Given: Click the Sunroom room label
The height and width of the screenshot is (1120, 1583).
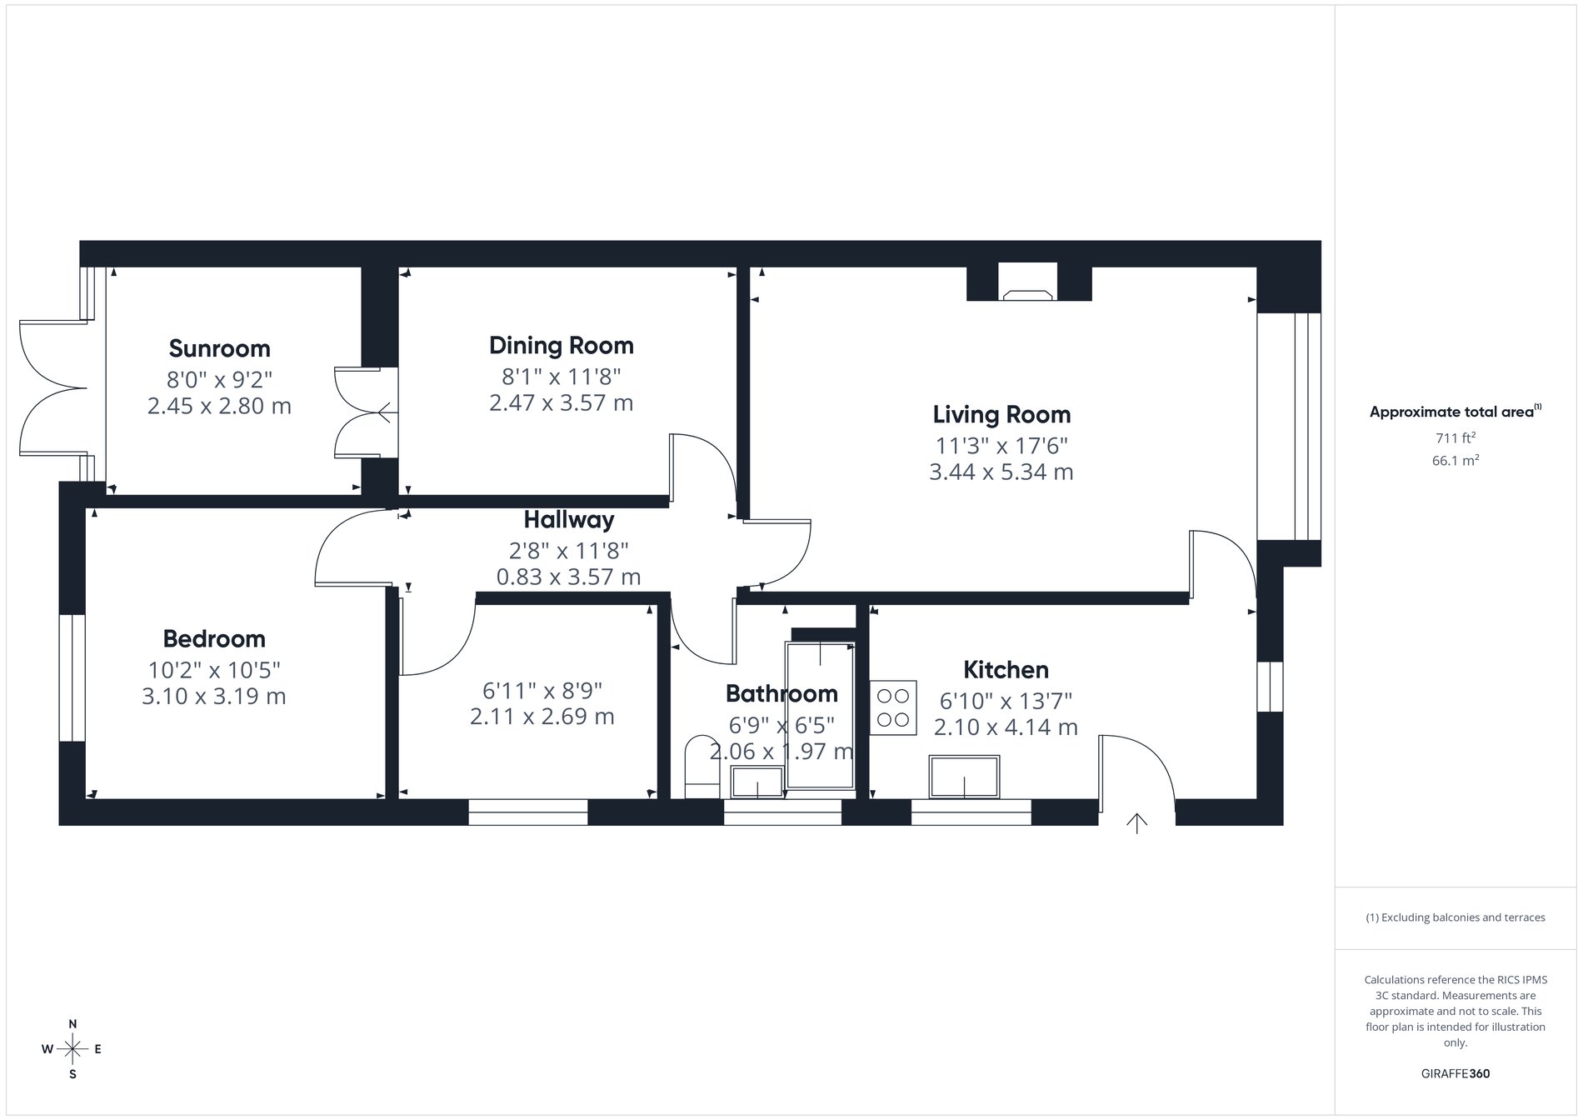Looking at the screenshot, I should [x=219, y=348].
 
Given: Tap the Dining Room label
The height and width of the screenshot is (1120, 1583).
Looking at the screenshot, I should [x=561, y=345].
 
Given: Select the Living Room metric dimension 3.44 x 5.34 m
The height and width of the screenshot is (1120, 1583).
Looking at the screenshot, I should [x=1001, y=472].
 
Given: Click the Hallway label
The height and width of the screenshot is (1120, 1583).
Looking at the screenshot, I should [x=568, y=520].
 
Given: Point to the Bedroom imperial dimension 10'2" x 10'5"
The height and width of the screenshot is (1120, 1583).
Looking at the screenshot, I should [x=214, y=669].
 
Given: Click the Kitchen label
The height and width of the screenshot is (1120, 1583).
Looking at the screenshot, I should [x=1006, y=669].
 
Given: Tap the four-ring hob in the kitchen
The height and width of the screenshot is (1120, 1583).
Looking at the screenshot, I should [x=893, y=707].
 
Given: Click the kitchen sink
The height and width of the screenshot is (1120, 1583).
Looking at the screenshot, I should [x=964, y=776].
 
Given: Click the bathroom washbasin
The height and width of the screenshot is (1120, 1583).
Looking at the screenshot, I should [x=757, y=782].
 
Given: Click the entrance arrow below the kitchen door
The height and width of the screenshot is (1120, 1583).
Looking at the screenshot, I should [x=1136, y=822].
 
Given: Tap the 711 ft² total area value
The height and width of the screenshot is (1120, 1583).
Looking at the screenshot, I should [x=1455, y=437].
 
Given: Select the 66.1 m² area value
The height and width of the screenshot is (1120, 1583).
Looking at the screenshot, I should [x=1455, y=460].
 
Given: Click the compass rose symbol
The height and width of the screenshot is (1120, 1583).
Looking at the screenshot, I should [x=72, y=1048].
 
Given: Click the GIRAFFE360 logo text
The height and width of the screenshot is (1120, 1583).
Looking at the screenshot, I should [x=1455, y=1073].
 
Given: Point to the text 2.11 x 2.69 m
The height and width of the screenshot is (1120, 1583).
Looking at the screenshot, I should [x=542, y=717].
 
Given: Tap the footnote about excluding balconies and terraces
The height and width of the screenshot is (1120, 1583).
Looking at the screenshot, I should [x=1455, y=917].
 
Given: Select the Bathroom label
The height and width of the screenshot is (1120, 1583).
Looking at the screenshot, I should [x=781, y=693].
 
